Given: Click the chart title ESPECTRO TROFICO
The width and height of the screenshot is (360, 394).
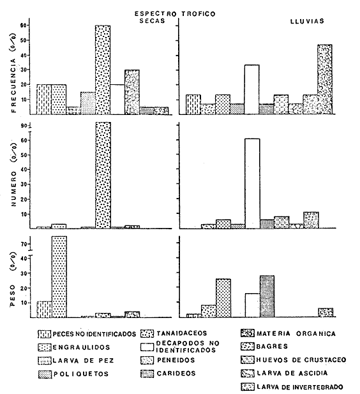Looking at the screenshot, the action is pyautogui.click(x=175, y=13).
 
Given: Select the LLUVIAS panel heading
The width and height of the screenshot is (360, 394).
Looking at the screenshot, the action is pyautogui.click(x=307, y=21).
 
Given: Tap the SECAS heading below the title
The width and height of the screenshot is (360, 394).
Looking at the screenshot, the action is pyautogui.click(x=153, y=20).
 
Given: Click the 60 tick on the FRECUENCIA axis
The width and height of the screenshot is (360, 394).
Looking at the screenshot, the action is pyautogui.click(x=24, y=26).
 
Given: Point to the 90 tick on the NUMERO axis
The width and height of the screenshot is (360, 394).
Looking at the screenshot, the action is pyautogui.click(x=24, y=126).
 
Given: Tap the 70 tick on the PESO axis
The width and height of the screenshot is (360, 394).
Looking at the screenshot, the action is pyautogui.click(x=24, y=244).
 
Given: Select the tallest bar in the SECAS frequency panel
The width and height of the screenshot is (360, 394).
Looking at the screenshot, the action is pyautogui.click(x=103, y=70).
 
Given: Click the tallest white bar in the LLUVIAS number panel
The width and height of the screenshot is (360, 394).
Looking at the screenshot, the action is pyautogui.click(x=252, y=183).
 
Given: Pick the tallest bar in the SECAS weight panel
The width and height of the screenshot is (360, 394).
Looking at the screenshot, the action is pyautogui.click(x=59, y=277).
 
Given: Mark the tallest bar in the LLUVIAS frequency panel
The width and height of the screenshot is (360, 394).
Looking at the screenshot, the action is pyautogui.click(x=325, y=79).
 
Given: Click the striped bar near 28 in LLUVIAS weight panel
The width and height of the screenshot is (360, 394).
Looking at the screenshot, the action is pyautogui.click(x=267, y=296).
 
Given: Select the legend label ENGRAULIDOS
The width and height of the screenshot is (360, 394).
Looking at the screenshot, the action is pyautogui.click(x=82, y=347).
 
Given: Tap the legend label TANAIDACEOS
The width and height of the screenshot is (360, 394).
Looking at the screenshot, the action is pyautogui.click(x=182, y=333).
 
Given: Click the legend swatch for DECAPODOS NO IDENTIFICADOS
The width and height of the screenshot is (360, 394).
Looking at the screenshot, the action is pyautogui.click(x=147, y=347).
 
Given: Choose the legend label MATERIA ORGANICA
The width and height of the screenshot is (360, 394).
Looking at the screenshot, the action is pyautogui.click(x=296, y=334).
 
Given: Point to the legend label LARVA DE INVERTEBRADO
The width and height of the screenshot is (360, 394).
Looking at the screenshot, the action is pyautogui.click(x=300, y=387).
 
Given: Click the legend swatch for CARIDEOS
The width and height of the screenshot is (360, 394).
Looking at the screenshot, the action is pyautogui.click(x=147, y=374).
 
